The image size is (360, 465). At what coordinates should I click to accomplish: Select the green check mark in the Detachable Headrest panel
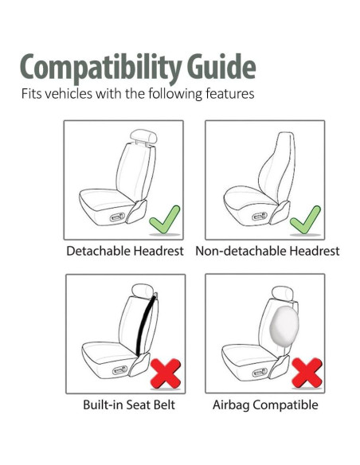coord(165,219)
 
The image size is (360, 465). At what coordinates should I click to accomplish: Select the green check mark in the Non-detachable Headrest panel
coord(305,220)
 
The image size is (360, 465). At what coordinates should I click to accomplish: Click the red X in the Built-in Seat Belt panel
coord(166,373)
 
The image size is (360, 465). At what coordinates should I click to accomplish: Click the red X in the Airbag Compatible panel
coord(306,373)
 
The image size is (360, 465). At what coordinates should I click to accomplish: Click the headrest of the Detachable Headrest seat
coord(143,136)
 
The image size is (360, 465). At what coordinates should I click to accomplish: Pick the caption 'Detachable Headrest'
coord(124,251)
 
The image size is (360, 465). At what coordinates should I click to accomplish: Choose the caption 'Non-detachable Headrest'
coord(267,251)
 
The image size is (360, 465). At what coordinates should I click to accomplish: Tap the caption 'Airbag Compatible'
coord(265,404)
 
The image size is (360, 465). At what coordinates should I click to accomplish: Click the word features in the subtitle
coord(229,94)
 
